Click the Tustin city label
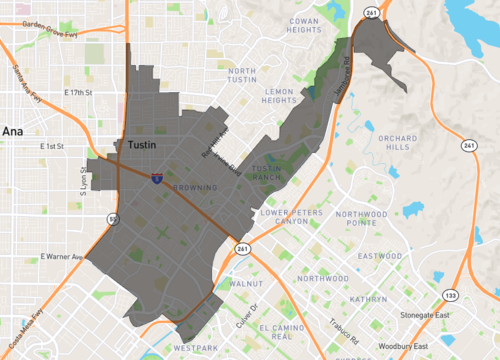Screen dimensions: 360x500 pyautogui.click(x=147, y=144)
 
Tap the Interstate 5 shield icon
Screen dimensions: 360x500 pyautogui.click(x=157, y=177)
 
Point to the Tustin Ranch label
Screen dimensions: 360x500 pyautogui.click(x=267, y=172)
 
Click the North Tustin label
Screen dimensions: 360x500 pyautogui.click(x=250, y=76)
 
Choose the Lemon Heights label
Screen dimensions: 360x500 pyautogui.click(x=280, y=95)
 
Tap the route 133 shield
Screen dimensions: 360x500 pyautogui.click(x=451, y=296)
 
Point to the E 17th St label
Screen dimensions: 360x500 pyautogui.click(x=77, y=93)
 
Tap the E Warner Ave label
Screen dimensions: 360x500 pyautogui.click(x=59, y=257)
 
